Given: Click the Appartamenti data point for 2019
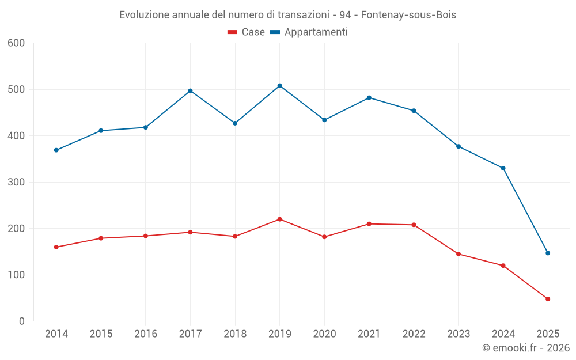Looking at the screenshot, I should tap(280, 86).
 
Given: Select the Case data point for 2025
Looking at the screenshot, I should tap(548, 299).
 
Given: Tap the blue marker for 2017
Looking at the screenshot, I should tap(190, 91).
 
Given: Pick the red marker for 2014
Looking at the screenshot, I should tap(56, 247).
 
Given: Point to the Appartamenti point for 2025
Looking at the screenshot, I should tap(548, 253).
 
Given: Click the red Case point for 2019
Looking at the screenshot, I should tap(280, 219).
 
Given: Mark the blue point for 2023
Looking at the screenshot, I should tap(458, 146).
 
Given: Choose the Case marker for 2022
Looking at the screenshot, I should tap(414, 225).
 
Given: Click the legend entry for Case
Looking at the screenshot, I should tap(247, 32).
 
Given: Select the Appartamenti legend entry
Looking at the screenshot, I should tap(309, 32).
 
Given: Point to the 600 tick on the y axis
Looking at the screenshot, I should tap(17, 43).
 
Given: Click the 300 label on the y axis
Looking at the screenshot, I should tap(17, 183).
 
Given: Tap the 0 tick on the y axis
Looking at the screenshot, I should tap(22, 321).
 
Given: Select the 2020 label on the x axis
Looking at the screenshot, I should tap(324, 334).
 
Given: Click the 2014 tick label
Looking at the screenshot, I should tap(56, 334).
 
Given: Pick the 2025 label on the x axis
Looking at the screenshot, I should tap(548, 334).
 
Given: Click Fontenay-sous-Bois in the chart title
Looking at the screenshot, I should tap(408, 15).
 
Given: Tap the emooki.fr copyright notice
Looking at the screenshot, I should tap(525, 348).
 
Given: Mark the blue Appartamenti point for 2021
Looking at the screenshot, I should tap(369, 98).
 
